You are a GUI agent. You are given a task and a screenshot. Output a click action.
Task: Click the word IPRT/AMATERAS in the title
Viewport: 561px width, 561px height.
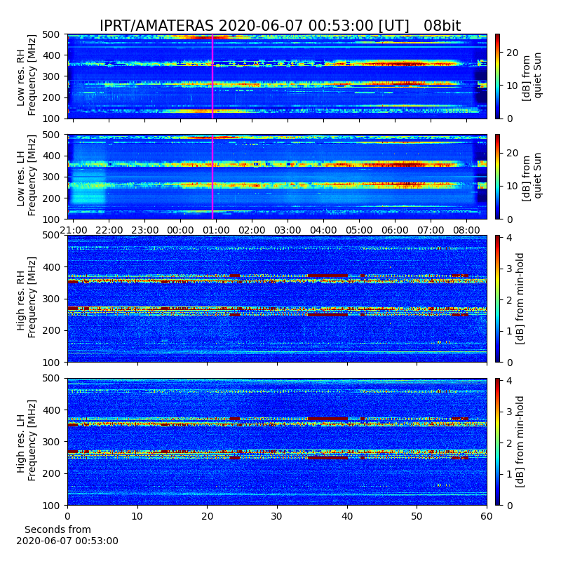pyautogui.click(x=156, y=26)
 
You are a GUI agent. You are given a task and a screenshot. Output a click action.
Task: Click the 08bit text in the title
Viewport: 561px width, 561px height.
pyautogui.click(x=442, y=26)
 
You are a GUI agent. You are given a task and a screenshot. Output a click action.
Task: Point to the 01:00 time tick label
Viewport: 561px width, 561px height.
pyautogui.click(x=216, y=230)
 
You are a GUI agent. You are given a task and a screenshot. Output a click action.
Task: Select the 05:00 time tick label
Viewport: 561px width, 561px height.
pyautogui.click(x=359, y=230)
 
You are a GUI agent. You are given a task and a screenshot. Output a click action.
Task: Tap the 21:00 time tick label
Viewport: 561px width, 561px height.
pyautogui.click(x=74, y=230)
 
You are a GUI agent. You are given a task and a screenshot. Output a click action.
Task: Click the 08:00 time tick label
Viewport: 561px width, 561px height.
pyautogui.click(x=466, y=230)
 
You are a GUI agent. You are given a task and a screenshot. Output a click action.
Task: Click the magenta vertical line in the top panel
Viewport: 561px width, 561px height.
pyautogui.click(x=212, y=76)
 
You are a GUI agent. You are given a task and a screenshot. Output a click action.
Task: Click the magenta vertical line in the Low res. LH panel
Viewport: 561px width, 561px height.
pyautogui.click(x=212, y=177)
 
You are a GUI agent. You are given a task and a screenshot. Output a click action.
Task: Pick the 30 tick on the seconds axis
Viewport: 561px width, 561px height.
pyautogui.click(x=277, y=516)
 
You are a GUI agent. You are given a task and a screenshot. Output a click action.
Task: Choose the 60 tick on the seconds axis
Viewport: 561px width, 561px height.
pyautogui.click(x=487, y=516)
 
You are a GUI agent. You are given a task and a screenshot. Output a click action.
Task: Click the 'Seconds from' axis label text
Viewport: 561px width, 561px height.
pyautogui.click(x=58, y=529)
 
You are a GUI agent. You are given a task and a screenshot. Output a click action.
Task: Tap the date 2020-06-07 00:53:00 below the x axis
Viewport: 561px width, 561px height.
pyautogui.click(x=67, y=541)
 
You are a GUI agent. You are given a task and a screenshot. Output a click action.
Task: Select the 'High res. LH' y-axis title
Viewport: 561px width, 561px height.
pyautogui.click(x=21, y=442)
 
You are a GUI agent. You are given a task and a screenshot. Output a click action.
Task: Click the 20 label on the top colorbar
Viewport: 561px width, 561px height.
pyautogui.click(x=513, y=53)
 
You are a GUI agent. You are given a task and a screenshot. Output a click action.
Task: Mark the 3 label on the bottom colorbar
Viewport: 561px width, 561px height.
pyautogui.click(x=510, y=412)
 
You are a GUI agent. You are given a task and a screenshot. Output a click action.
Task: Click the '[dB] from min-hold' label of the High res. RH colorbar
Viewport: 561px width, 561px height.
pyautogui.click(x=520, y=299)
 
